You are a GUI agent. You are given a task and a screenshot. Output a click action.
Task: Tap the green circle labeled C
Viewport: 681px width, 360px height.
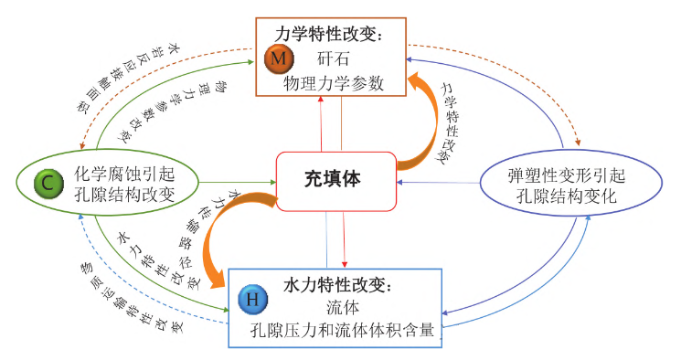46,183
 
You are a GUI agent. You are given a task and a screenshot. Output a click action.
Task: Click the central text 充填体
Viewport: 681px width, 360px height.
333,179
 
